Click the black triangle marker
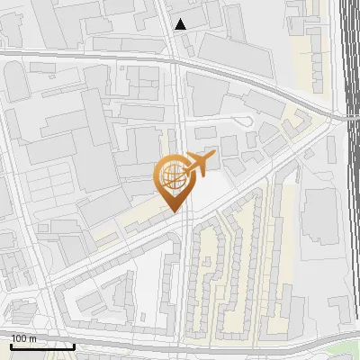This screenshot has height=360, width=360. coord(181,24)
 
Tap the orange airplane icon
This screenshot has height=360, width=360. coord(199,164)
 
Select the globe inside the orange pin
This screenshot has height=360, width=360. coord(171,177)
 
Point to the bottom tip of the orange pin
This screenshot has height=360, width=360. coord(173,212)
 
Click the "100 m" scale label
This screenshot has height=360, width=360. coord(24,338)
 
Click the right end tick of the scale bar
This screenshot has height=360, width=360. coord(74,345)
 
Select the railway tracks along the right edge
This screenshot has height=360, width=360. coord(349,180)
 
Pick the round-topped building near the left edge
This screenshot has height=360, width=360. coord(17,83)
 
